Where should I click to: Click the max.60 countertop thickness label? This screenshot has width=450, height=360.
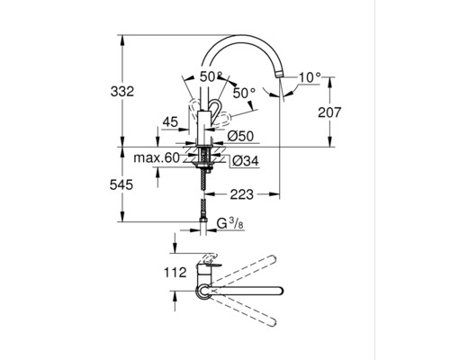click(159, 159)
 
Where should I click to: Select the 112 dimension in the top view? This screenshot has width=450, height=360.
click(175, 271)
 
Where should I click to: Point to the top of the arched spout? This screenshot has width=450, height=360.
click(243, 37)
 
